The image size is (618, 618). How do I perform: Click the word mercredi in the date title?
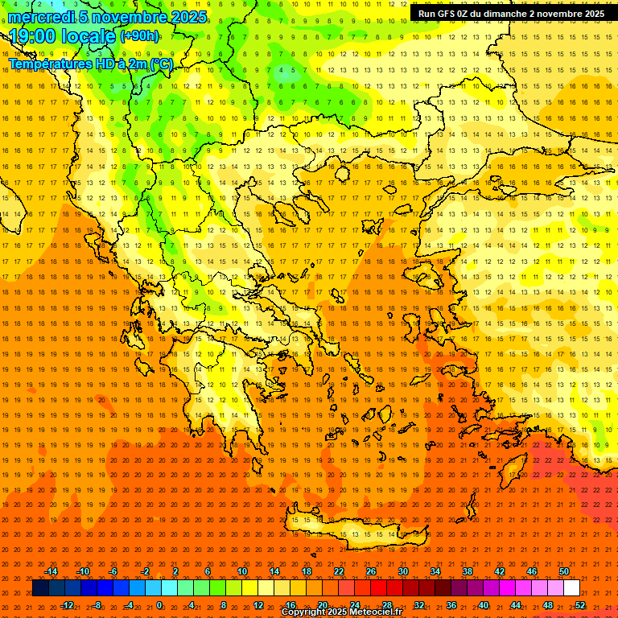click(40, 16)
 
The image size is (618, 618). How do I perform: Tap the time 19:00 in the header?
click(37, 35)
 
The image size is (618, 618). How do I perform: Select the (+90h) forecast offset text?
click(139, 36)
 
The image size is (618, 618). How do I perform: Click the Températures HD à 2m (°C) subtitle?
click(90, 64)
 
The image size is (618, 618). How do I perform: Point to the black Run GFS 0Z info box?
click(511, 14)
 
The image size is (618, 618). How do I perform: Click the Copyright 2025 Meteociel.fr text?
click(341, 612)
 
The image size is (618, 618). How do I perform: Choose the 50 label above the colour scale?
click(564, 571)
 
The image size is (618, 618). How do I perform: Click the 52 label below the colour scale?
click(580, 605)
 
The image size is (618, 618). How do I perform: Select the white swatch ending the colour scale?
click(572, 588)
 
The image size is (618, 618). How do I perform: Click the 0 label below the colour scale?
click(159, 605)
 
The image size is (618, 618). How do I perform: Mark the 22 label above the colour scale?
click(339, 571)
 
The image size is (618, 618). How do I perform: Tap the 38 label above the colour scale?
click(468, 571)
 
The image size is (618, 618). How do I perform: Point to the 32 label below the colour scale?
click(419, 605)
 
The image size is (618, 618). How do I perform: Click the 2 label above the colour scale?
click(175, 571)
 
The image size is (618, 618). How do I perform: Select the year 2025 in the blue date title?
click(183, 16)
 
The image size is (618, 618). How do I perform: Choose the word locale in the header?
click(89, 35)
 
